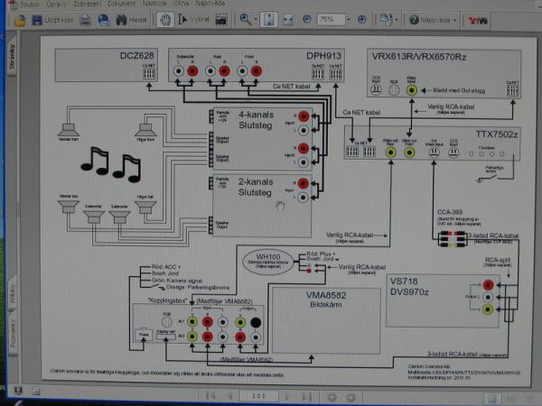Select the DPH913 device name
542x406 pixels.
[x=322, y=57]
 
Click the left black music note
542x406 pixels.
[x=95, y=160]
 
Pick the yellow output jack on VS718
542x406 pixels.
[x=489, y=309]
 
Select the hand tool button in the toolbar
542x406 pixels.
[x=164, y=18]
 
